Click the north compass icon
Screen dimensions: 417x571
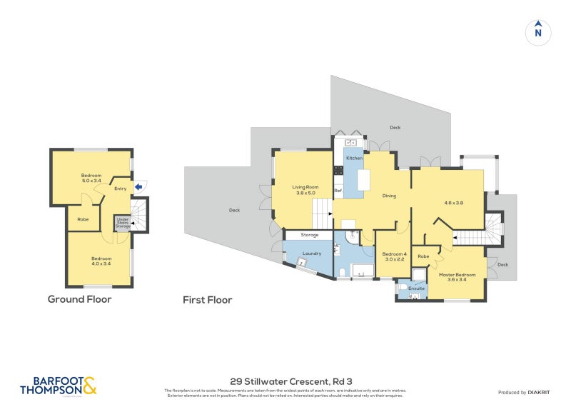click(538, 31)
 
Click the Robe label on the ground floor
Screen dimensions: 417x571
click(84, 219)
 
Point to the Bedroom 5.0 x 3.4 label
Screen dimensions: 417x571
click(91, 179)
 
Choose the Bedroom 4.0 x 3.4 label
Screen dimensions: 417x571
click(101, 261)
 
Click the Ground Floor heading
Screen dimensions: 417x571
click(79, 300)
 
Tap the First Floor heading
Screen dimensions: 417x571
click(207, 300)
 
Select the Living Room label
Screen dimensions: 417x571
click(305, 190)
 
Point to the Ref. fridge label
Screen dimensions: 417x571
click(338, 191)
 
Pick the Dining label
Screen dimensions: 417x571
click(389, 196)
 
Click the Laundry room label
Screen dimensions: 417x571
click(312, 253)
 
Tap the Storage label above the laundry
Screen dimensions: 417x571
click(310, 235)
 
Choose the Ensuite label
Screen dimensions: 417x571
click(417, 288)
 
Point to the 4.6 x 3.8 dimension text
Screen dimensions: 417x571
click(454, 203)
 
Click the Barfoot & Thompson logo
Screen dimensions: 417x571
click(58, 386)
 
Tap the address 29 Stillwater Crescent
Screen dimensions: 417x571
click(285, 381)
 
